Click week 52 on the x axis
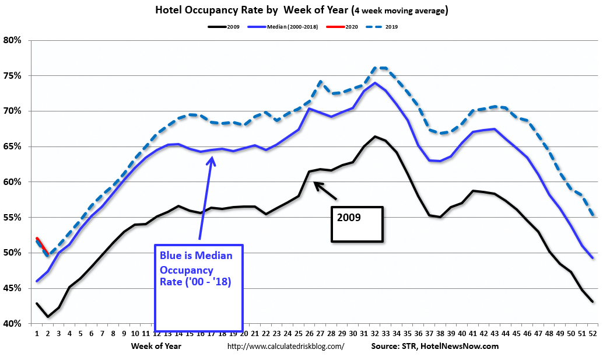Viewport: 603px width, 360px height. pyautogui.click(x=591, y=334)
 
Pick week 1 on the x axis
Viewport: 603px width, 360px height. pyautogui.click(x=36, y=334)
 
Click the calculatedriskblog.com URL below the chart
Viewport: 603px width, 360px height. pyautogui.click(x=285, y=346)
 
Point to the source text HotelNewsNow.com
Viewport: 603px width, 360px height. pyautogui.click(x=466, y=346)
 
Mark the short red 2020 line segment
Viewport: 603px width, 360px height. pyautogui.click(x=40, y=243)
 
